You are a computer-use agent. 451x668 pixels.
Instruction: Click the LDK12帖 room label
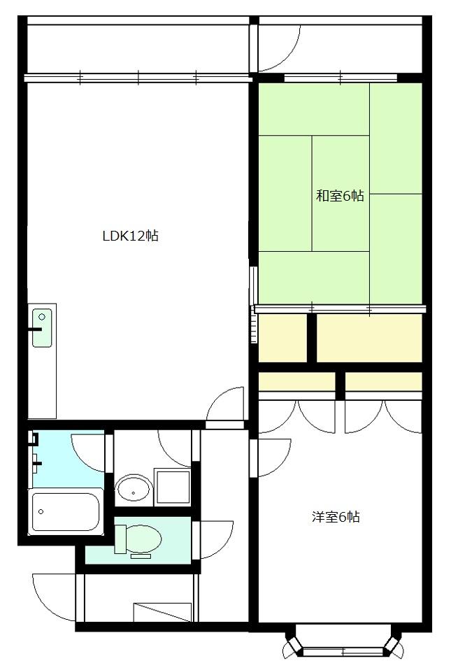pos(130,236)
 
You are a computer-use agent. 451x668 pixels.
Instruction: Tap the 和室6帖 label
pos(340,196)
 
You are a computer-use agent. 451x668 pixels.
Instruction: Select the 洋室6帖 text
pos(336,518)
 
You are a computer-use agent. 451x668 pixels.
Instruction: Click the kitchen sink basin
pos(42,327)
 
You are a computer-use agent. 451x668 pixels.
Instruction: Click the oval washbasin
pos(133,489)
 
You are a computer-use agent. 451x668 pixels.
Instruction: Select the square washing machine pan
pos(173,487)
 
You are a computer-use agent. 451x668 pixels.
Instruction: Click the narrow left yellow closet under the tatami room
pos(282,338)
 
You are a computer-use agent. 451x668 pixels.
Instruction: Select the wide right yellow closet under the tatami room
pos(369,338)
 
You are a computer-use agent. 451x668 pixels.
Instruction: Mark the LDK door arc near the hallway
pos(225,406)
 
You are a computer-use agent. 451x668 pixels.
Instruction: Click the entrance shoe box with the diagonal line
pos(162,611)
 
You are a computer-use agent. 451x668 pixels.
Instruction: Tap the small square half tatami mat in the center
pos(340,164)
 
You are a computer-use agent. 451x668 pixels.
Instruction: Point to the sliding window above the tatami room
pos(340,78)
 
